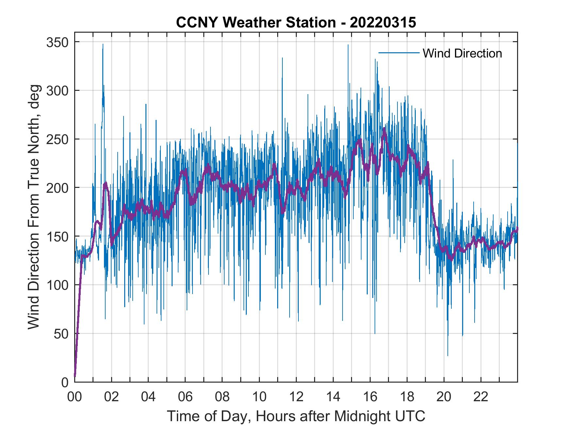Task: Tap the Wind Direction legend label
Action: [462, 53]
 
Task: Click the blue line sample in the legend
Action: [399, 53]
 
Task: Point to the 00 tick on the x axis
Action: [75, 397]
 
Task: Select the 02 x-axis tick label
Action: [111, 397]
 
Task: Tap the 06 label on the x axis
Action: [185, 397]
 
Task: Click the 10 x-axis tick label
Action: [259, 397]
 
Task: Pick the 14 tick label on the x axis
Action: [333, 397]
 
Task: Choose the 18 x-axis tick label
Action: [407, 397]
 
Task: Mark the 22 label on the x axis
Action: [481, 397]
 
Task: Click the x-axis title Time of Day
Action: [296, 416]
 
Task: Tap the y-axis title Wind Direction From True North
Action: [34, 207]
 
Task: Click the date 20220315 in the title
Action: [383, 23]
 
